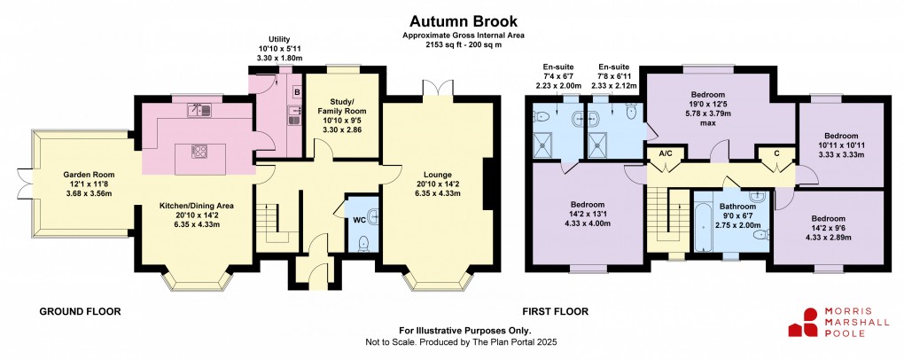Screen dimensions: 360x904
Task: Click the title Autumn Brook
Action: coord(452,19)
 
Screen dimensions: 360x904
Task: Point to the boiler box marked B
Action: coord(297,91)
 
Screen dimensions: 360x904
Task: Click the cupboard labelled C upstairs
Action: coord(776,153)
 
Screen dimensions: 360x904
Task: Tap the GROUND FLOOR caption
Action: coord(80,312)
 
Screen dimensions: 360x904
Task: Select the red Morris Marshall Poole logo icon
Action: coord(807,322)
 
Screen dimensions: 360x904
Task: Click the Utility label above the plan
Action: coord(280,39)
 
